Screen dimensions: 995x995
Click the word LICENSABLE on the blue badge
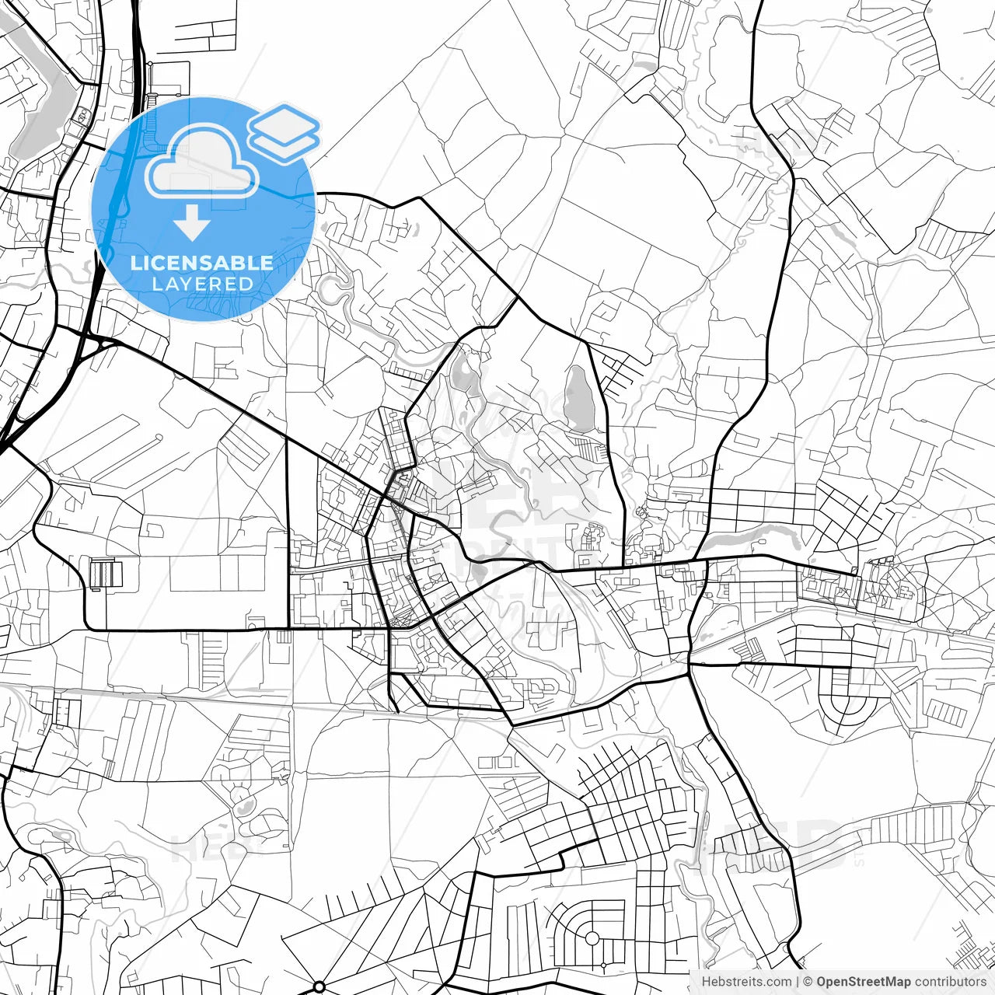(x=202, y=263)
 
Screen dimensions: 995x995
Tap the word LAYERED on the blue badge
(x=202, y=285)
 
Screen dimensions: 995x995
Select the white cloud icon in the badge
(x=202, y=162)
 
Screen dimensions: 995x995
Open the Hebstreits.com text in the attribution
(x=747, y=982)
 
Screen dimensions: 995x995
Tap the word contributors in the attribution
(x=950, y=982)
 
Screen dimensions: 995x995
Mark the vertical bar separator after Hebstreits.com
(x=798, y=982)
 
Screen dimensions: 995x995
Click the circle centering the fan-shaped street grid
(x=592, y=938)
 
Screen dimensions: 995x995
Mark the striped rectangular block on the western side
(x=106, y=574)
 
